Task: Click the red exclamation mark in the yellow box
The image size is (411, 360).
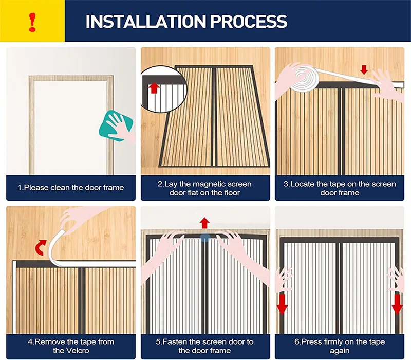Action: click(x=32, y=22)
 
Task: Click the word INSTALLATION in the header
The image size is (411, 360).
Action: click(x=145, y=22)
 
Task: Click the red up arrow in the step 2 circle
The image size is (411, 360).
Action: click(x=154, y=87)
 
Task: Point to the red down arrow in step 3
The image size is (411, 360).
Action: click(x=364, y=69)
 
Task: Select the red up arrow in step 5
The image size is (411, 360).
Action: click(x=205, y=223)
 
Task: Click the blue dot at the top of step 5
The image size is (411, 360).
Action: click(x=205, y=237)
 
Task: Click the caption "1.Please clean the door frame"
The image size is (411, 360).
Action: click(x=71, y=188)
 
